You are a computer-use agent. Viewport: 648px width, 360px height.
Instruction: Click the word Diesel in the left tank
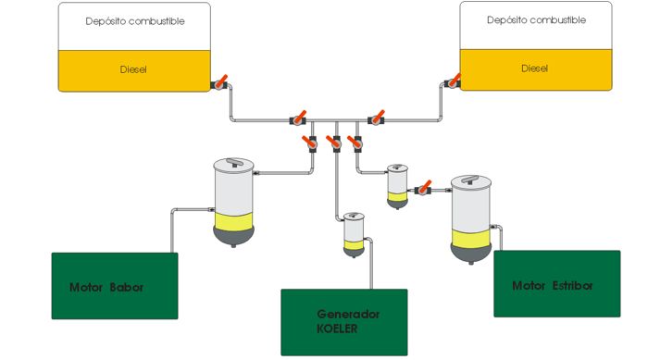pyautogui.click(x=133, y=69)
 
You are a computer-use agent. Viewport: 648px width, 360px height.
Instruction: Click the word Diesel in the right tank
pyautogui.click(x=534, y=68)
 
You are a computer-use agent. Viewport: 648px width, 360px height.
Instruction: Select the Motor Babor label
pyautogui.click(x=106, y=287)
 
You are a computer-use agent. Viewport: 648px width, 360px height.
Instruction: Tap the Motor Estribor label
pyautogui.click(x=552, y=286)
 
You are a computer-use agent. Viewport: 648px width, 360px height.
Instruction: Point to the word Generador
pyautogui.click(x=348, y=314)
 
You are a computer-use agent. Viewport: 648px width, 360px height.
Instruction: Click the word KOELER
pyautogui.click(x=337, y=329)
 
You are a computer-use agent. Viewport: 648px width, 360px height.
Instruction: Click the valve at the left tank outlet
pyautogui.click(x=219, y=82)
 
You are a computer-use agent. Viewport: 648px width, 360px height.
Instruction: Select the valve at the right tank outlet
pyautogui.click(x=453, y=81)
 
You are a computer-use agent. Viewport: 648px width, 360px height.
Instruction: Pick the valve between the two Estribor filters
pyautogui.click(x=423, y=188)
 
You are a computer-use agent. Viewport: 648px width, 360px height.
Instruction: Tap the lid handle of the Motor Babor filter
pyautogui.click(x=234, y=162)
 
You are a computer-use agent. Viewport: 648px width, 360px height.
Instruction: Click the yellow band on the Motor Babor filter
pyautogui.click(x=233, y=222)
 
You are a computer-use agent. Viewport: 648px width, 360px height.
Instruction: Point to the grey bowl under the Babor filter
pyautogui.click(x=233, y=237)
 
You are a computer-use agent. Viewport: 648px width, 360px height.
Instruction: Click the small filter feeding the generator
pyautogui.click(x=354, y=235)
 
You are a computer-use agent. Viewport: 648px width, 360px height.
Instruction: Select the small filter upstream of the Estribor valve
pyautogui.click(x=397, y=186)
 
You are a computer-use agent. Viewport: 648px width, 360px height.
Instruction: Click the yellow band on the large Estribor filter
pyautogui.click(x=470, y=239)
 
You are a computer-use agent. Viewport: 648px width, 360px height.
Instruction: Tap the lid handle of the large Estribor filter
pyautogui.click(x=470, y=180)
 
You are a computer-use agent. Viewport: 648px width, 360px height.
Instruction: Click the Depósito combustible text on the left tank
pyautogui.click(x=135, y=21)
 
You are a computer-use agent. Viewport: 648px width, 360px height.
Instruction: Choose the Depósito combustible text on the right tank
pyautogui.click(x=536, y=20)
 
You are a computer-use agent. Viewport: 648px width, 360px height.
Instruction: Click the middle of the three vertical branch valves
pyautogui.click(x=335, y=143)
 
